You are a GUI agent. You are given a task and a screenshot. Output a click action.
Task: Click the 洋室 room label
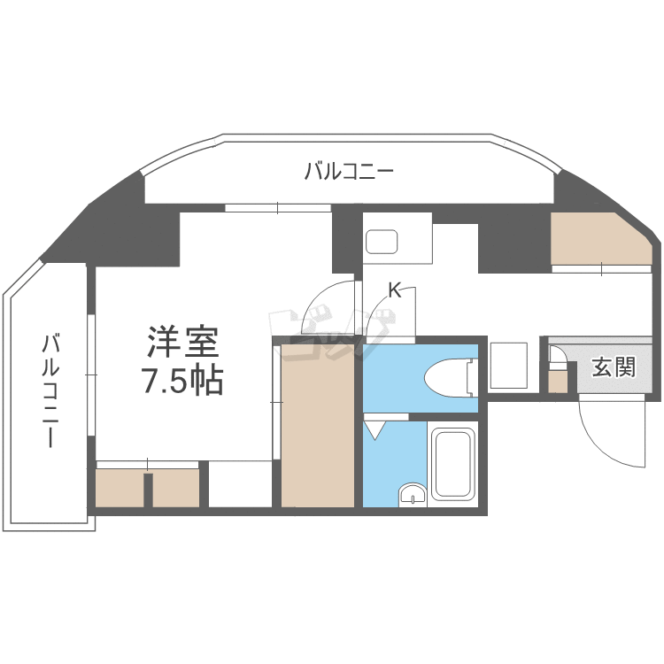point(181,341)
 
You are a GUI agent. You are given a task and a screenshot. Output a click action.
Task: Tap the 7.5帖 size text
point(181,381)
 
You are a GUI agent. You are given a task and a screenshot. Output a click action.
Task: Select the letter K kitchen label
point(395,289)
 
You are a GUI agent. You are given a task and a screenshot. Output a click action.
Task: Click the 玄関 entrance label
point(613,366)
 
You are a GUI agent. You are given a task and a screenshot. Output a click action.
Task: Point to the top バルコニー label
point(348,171)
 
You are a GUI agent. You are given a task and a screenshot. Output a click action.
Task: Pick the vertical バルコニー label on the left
point(51,390)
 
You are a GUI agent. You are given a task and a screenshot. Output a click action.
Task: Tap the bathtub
point(454,465)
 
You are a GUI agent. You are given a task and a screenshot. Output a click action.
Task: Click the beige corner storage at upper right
point(598,239)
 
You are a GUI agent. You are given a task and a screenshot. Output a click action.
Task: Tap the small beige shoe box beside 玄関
point(558,381)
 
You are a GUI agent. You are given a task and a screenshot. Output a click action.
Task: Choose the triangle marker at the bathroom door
point(375,429)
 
